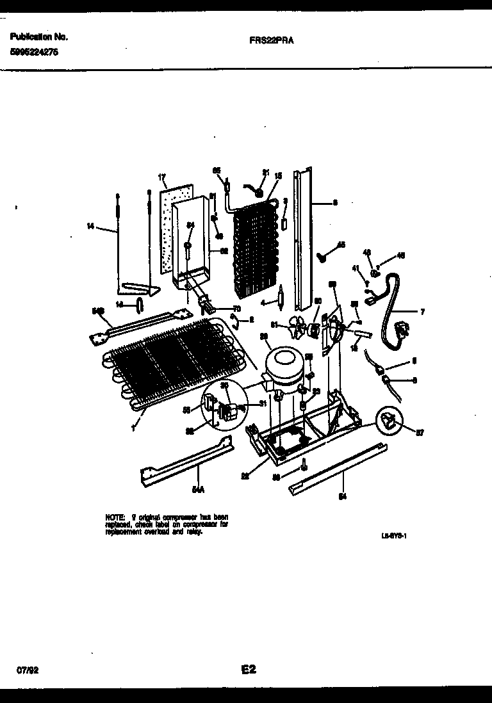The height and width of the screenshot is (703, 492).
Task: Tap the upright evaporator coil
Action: pyautogui.click(x=254, y=250)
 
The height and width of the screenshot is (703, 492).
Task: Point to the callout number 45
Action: pyautogui.click(x=341, y=245)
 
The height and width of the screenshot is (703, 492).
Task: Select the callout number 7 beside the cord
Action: pyautogui.click(x=422, y=312)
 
